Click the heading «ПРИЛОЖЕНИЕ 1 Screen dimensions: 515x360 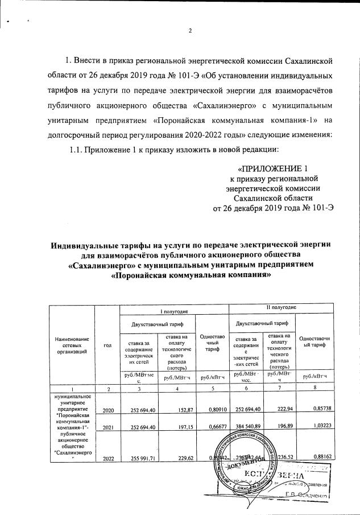click(x=275, y=168)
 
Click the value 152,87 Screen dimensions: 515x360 click(x=179, y=410)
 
